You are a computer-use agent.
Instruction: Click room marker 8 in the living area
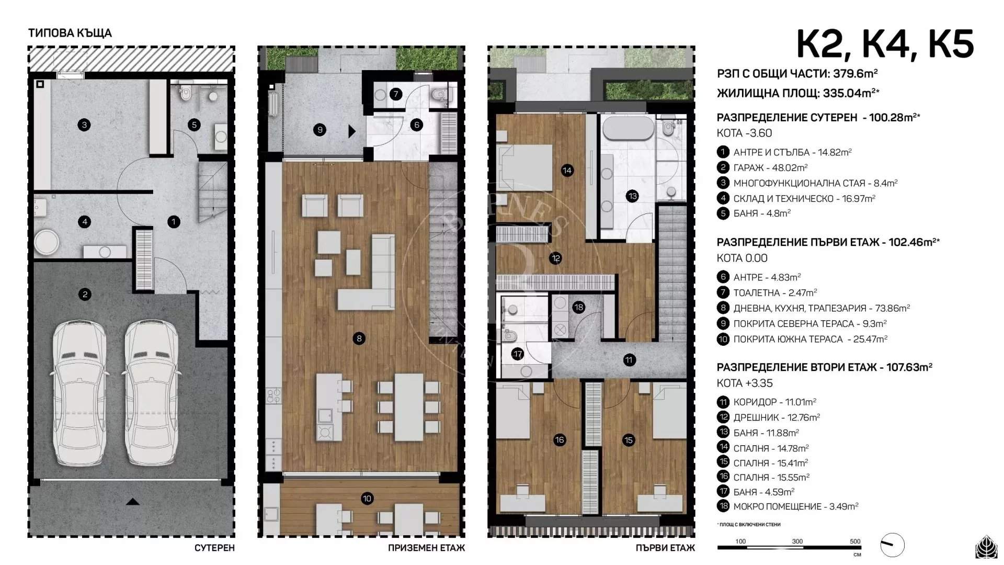(x=359, y=338)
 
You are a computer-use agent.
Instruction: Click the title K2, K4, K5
(x=885, y=44)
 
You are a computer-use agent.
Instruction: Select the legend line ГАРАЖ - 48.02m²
(x=770, y=167)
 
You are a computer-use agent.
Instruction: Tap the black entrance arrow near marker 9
(x=352, y=131)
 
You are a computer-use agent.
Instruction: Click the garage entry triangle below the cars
(x=133, y=502)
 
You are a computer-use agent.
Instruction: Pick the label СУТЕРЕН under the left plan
(x=214, y=548)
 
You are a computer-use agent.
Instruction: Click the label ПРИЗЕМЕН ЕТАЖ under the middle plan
(x=426, y=548)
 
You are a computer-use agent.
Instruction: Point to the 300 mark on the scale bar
(x=797, y=542)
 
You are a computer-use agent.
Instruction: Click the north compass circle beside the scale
(x=892, y=545)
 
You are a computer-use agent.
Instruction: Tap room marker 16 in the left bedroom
(x=560, y=440)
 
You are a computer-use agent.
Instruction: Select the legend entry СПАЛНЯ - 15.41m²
(x=770, y=463)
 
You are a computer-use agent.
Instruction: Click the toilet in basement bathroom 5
(x=185, y=94)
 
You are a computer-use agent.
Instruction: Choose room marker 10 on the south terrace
(x=367, y=499)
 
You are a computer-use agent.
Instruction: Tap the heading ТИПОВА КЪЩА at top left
(x=70, y=33)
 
